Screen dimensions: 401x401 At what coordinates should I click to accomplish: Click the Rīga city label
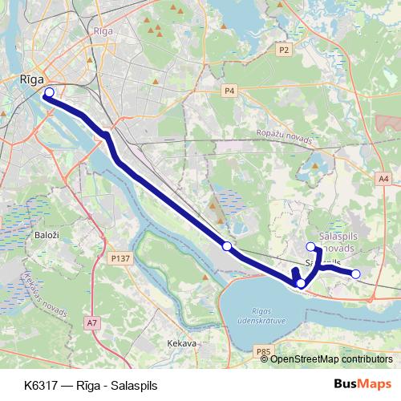31,80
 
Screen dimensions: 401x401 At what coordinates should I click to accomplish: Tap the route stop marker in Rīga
49,93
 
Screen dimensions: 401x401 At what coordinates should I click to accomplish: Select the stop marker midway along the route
227,245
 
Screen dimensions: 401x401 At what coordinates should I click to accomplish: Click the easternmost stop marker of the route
356,274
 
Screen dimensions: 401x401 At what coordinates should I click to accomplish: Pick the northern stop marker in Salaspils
311,247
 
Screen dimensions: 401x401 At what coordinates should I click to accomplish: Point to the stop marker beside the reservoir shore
301,283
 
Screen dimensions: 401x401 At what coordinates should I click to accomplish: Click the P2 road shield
283,50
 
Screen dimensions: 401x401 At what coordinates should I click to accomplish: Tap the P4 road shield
229,91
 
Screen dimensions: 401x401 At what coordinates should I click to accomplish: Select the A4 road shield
383,178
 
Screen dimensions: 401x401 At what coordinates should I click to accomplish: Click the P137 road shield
120,258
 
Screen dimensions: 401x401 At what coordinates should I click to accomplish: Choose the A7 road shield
92,322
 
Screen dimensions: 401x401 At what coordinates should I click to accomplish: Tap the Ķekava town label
181,343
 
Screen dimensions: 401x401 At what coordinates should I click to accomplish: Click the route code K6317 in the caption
41,385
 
